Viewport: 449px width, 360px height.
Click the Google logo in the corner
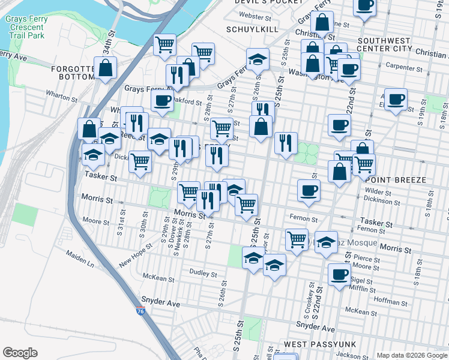click(20, 353)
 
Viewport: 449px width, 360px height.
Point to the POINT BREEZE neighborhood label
click(395, 180)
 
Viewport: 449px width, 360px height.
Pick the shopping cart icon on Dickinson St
click(140, 161)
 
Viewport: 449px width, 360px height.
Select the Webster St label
click(252, 16)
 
